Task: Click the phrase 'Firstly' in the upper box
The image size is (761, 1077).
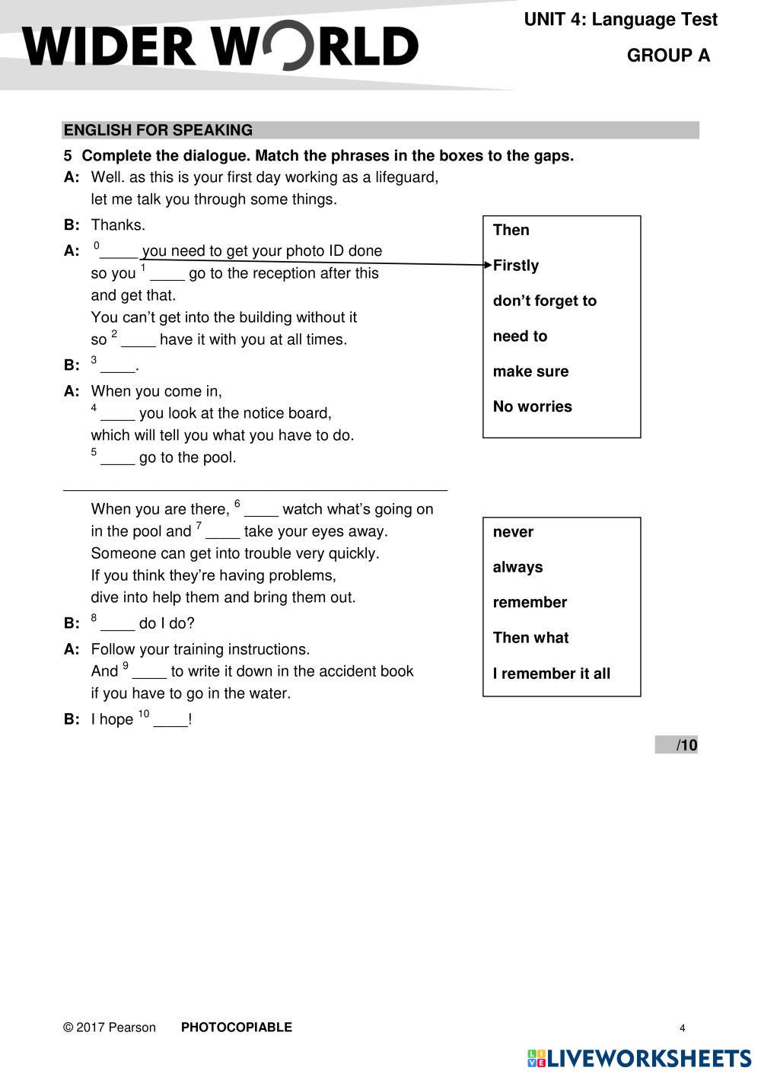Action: [516, 266]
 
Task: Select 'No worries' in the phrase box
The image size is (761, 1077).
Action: [532, 406]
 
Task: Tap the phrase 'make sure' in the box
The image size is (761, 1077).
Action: [530, 371]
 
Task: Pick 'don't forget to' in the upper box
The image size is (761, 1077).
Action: [544, 301]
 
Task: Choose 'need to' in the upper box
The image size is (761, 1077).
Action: [520, 336]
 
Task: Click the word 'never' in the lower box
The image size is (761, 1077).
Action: [513, 532]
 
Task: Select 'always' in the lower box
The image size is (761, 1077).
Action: [517, 567]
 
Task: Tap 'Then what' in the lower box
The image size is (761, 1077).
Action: [530, 638]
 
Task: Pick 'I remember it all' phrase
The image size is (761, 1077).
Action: [551, 674]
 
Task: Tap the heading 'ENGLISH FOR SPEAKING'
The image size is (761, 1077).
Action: [158, 130]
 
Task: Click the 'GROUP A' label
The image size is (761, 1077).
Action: [668, 56]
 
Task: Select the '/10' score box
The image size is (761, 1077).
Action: [677, 745]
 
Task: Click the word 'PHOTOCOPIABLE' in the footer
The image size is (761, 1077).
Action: [236, 1028]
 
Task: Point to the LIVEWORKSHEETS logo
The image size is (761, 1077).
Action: [639, 1058]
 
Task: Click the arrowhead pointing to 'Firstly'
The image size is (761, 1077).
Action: [488, 265]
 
